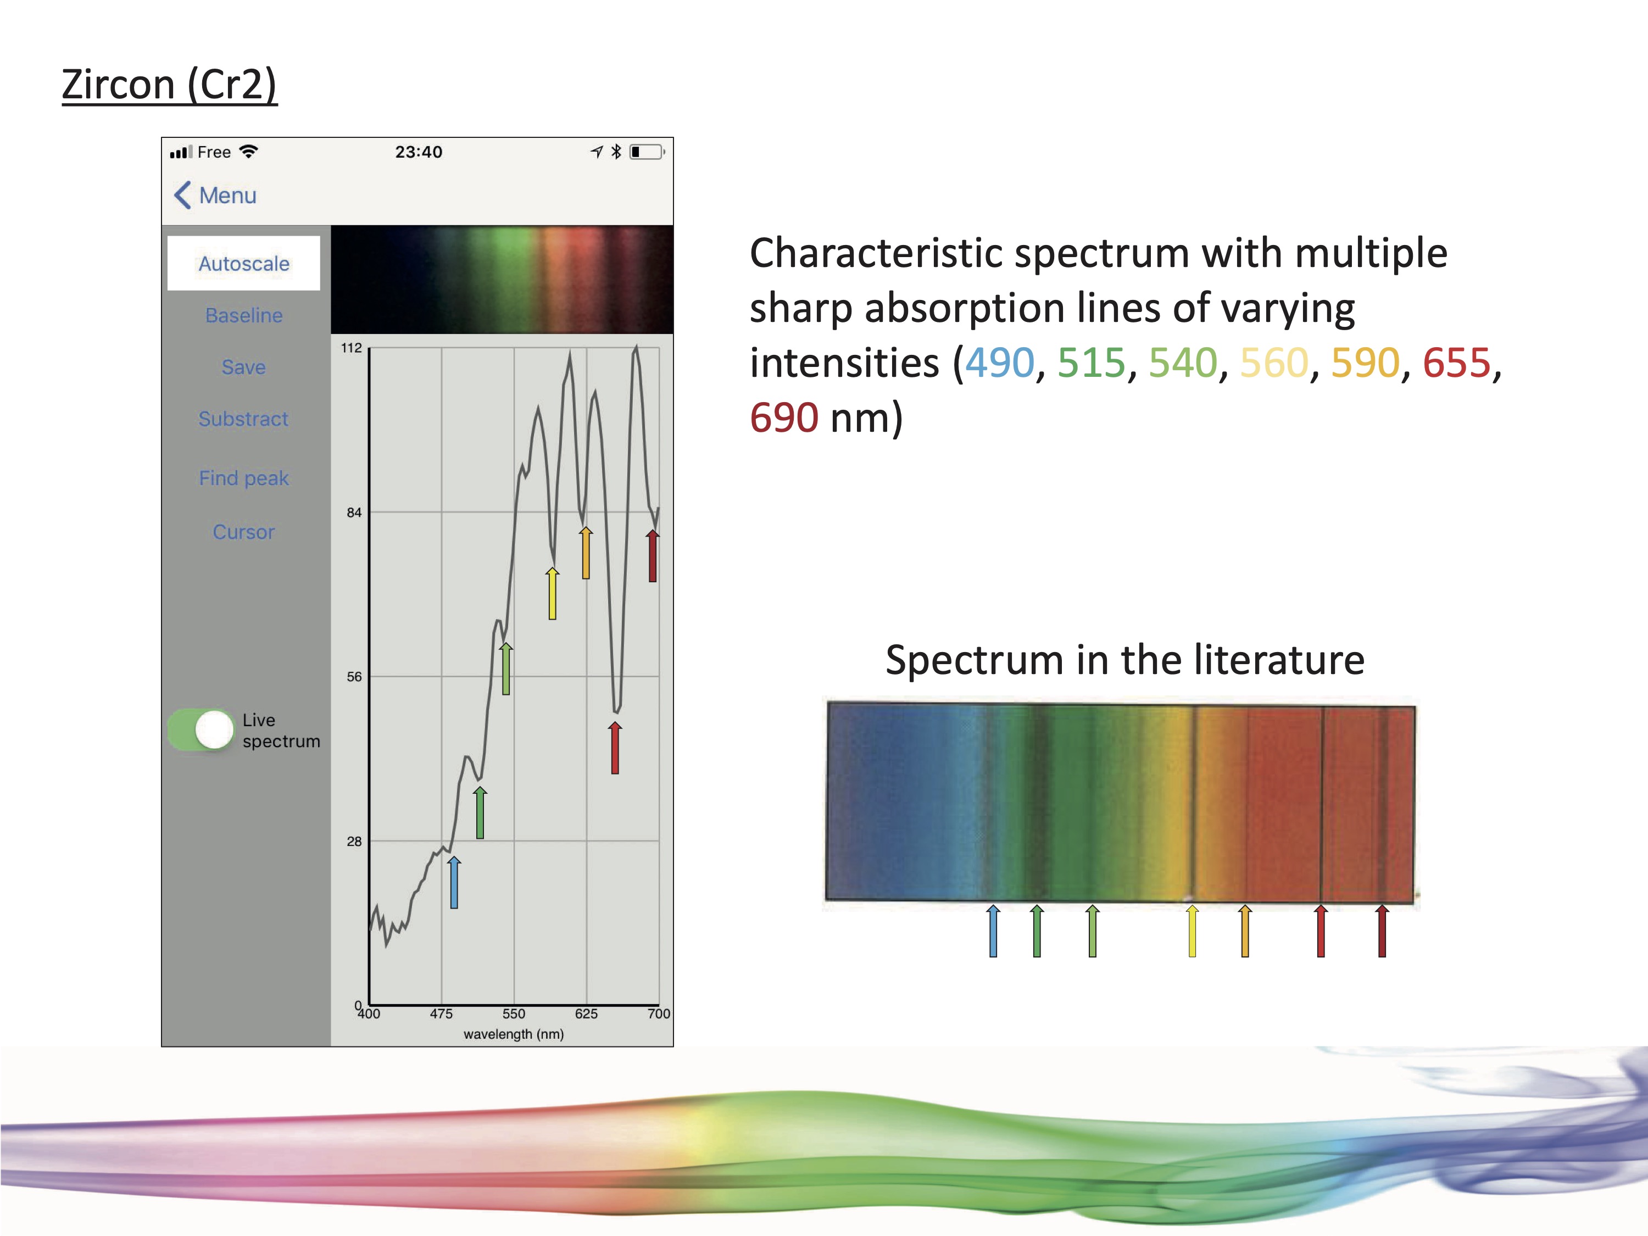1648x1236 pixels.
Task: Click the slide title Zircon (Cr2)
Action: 169,84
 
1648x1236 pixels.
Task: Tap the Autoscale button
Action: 243,263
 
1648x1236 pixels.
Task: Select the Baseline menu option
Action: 243,315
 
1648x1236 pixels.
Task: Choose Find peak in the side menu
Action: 243,478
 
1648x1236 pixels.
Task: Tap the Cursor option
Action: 243,532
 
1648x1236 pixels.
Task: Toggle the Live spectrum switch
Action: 201,730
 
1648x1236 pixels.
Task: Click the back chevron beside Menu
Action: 182,195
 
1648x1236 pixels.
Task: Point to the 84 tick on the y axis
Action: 354,513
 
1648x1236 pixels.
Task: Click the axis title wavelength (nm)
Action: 513,1034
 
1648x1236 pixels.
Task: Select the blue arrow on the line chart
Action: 454,883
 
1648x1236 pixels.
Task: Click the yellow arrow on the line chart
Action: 552,594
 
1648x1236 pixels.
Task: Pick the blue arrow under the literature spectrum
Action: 993,931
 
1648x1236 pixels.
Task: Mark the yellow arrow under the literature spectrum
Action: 1192,931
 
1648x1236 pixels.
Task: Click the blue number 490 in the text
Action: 1000,363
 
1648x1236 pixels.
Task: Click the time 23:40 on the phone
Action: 419,152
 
